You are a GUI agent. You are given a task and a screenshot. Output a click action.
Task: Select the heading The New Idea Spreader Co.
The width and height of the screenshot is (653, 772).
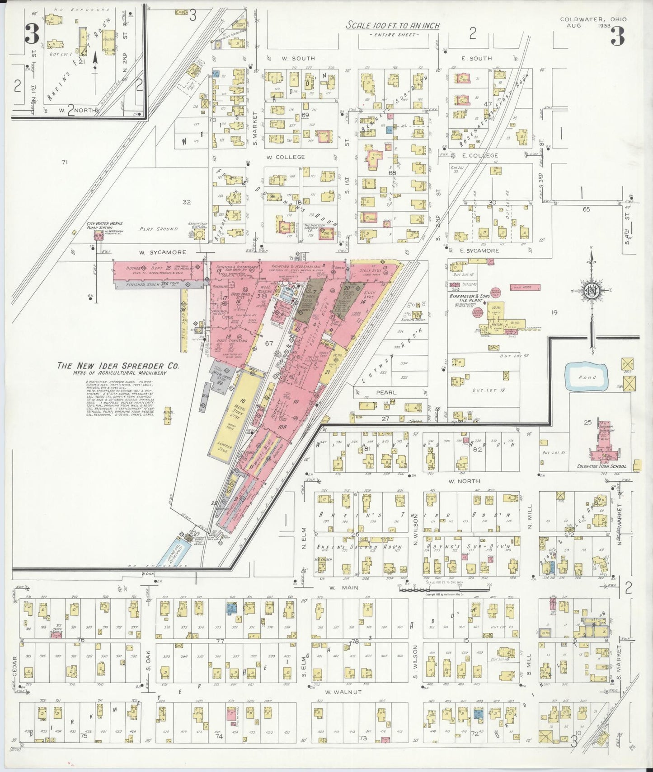tap(118, 366)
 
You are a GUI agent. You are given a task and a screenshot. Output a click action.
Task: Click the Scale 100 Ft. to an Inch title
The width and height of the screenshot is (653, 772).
tap(393, 26)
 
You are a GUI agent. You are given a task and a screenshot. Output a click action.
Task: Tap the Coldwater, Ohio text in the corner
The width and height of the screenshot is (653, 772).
tap(593, 19)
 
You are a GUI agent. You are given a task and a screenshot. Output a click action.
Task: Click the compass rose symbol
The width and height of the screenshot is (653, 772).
tap(590, 289)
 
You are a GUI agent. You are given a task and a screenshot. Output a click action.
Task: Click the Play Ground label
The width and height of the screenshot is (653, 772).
tap(158, 229)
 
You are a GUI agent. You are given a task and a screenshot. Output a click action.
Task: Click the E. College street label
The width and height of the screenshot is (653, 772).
tap(467, 155)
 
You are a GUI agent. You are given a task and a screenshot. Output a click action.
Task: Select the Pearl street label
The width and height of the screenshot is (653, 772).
tap(386, 392)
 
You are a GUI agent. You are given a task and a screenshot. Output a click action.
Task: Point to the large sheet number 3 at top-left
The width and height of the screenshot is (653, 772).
tap(32, 34)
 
